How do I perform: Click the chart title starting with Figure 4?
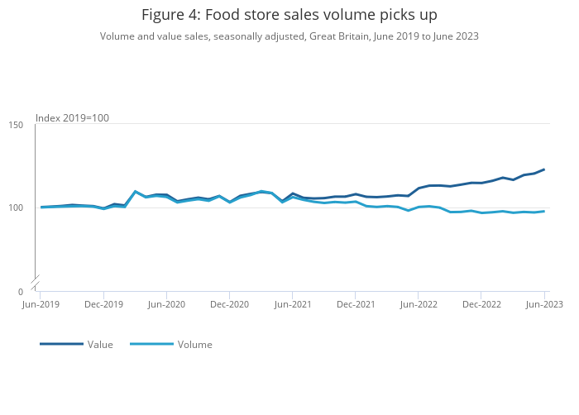289,15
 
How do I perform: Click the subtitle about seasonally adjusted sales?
289,36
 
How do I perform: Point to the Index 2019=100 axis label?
72,118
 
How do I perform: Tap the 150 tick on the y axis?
16,125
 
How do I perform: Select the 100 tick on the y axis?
16,207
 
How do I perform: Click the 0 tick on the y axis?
20,292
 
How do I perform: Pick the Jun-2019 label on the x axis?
41,304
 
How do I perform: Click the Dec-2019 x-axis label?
103,304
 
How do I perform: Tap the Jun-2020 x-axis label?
166,304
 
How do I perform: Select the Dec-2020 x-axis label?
229,304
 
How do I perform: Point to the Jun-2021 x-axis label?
292,304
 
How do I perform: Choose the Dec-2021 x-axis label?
355,304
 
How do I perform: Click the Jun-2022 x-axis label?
418,304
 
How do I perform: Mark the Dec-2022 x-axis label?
481,304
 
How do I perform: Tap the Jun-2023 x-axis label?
543,304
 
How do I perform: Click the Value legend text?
100,345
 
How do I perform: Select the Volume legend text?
194,345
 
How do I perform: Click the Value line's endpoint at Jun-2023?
543,169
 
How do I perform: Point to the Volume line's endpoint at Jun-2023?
543,211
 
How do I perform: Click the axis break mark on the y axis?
35,283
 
